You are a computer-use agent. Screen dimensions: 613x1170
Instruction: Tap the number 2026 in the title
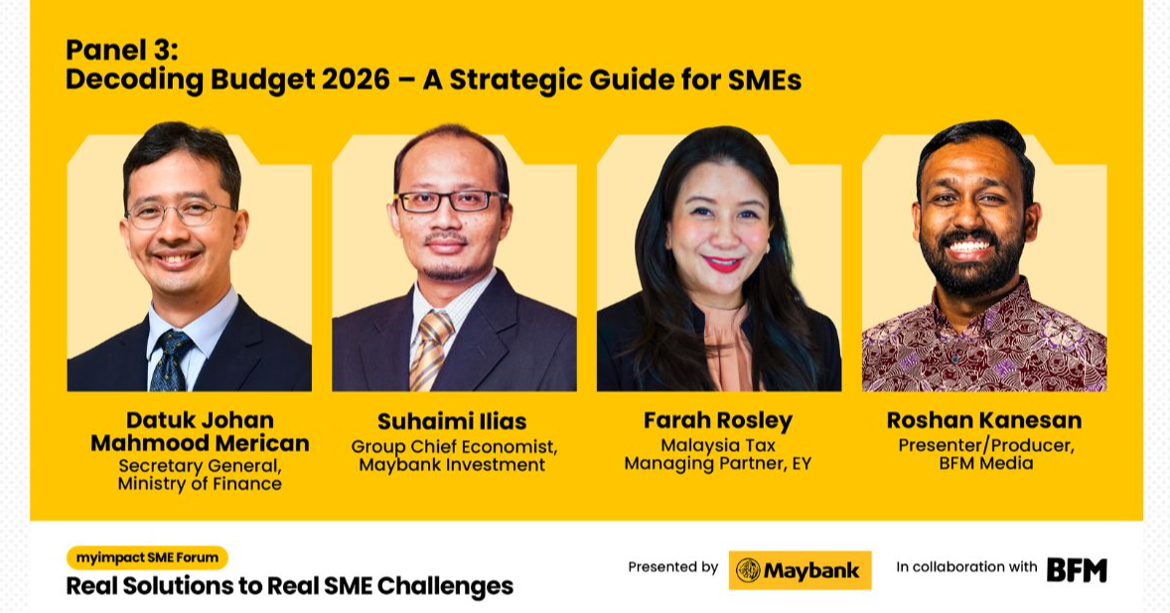tap(355, 79)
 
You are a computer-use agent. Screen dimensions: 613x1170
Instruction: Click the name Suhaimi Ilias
tap(452, 421)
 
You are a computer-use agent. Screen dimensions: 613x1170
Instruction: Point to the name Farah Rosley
tap(717, 420)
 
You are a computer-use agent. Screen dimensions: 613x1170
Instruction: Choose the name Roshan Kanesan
tap(983, 420)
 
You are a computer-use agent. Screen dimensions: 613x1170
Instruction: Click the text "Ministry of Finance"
tap(200, 484)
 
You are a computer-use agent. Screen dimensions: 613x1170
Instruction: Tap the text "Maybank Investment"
tap(452, 464)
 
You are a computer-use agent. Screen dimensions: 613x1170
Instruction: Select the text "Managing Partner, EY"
tap(717, 463)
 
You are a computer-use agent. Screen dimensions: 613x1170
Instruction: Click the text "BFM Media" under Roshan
tap(983, 463)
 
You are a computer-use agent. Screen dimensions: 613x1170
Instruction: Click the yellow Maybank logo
tap(800, 570)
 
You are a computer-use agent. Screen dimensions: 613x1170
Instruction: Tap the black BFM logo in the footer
tap(1077, 569)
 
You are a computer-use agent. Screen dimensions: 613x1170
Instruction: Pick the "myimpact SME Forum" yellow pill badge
tap(147, 557)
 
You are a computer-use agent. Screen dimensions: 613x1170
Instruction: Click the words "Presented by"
tap(672, 567)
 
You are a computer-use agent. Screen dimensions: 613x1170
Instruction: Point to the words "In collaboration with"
tap(966, 567)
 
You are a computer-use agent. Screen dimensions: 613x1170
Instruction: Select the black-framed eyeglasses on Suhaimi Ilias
tap(451, 201)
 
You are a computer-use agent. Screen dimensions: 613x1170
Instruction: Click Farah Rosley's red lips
tap(723, 264)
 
